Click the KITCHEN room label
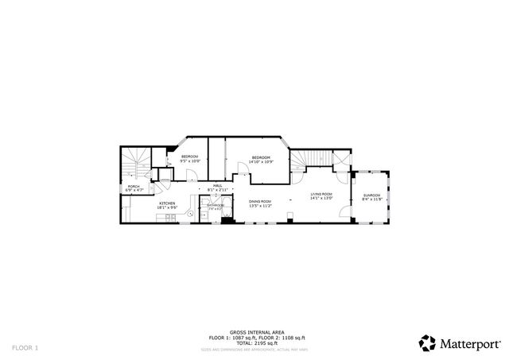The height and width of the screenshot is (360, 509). coord(167,203)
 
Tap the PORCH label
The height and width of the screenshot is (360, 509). coord(134,186)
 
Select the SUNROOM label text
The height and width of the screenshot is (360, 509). coord(371,195)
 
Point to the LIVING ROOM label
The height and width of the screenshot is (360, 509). coord(321,194)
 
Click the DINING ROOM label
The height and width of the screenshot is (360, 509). coord(260,202)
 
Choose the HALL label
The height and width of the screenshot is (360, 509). coord(217,186)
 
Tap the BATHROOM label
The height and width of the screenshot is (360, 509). coord(216,206)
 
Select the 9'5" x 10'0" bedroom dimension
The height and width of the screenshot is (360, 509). coord(189,161)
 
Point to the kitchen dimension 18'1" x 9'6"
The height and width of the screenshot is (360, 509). coord(167,208)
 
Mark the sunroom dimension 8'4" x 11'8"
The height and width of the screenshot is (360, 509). coord(371,199)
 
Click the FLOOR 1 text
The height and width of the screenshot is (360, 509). coord(25,347)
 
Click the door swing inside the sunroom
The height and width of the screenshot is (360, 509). coord(344,211)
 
